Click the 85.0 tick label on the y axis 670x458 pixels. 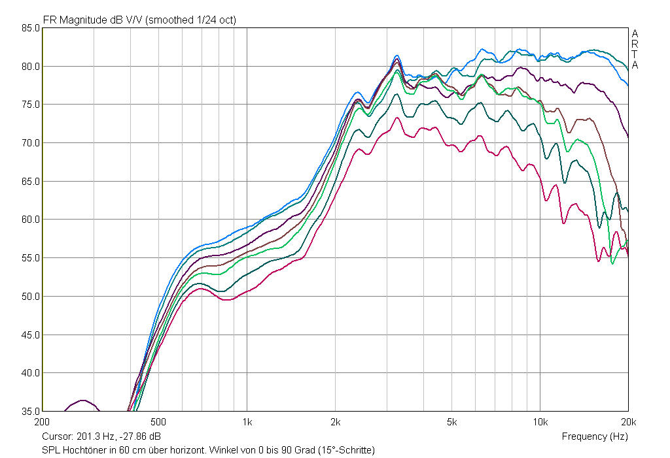29,28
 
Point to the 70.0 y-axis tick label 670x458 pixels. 29,143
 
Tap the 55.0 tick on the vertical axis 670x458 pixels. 29,258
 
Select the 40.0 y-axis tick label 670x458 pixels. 29,373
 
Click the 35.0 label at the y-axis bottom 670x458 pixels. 29,411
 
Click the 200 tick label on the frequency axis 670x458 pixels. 43,421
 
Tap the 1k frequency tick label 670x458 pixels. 247,421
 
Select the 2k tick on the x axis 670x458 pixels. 335,421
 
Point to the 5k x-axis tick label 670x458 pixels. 451,421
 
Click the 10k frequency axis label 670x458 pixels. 540,421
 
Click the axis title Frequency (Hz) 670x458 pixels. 594,436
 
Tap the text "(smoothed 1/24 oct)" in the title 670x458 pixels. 190,20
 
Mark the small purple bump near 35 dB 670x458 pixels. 82,401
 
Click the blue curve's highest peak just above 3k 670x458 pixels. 397,56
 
